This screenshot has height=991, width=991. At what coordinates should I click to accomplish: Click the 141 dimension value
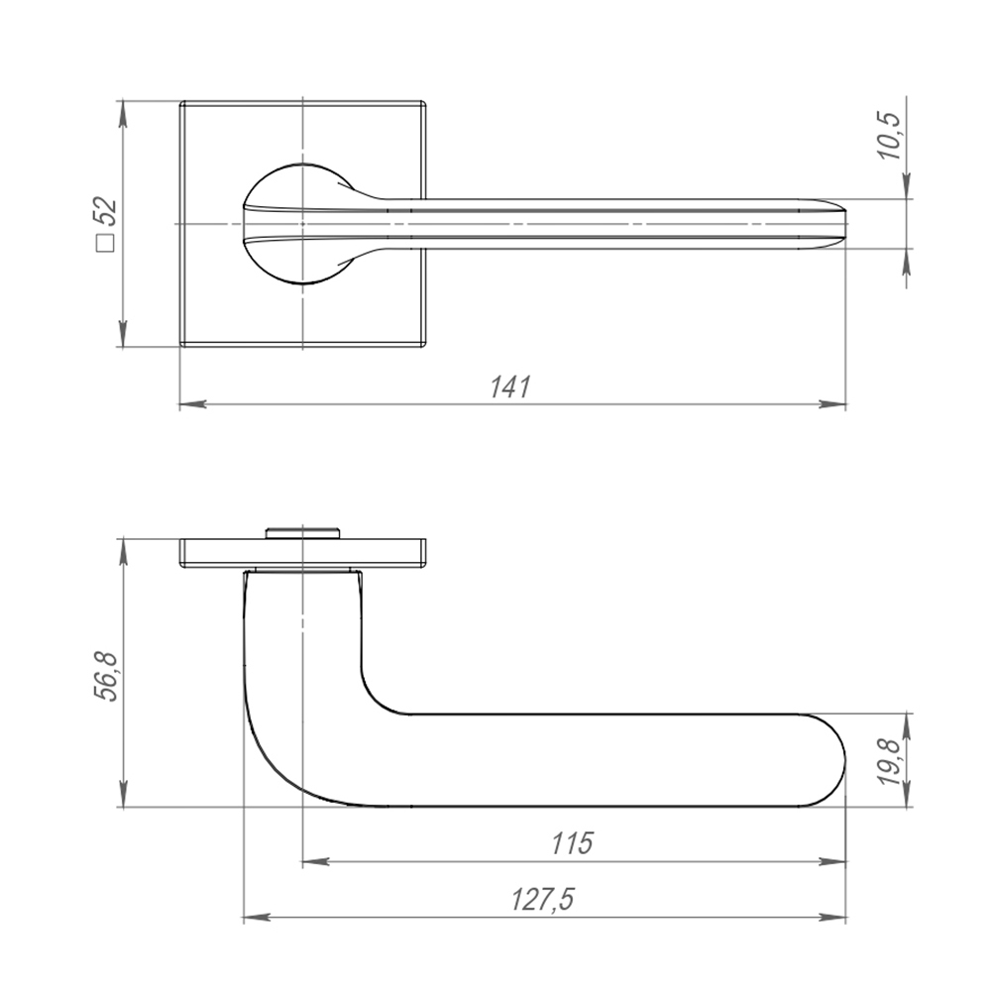click(510, 386)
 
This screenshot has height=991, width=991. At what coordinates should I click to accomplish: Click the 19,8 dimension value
click(892, 761)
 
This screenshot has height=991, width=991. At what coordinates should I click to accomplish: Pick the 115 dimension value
click(573, 843)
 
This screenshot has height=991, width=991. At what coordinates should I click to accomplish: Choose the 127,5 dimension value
click(543, 900)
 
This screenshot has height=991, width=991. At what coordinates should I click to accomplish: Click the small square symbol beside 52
click(105, 244)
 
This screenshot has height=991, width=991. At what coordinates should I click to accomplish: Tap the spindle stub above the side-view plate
click(303, 533)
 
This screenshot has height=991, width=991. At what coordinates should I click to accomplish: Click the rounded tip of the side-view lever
click(844, 760)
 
